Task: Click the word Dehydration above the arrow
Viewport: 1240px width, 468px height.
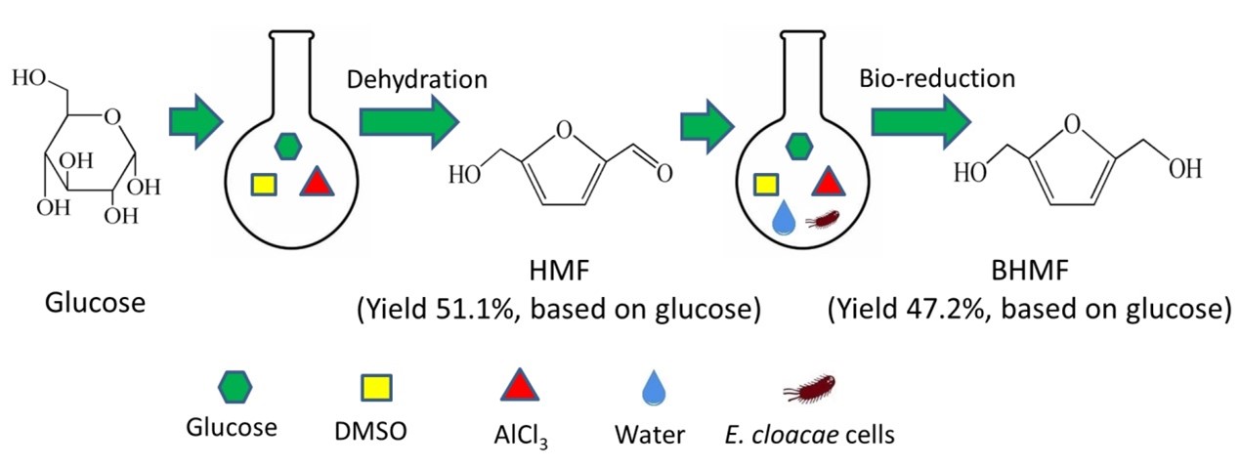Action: click(x=417, y=79)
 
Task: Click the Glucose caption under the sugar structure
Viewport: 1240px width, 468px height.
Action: click(x=95, y=303)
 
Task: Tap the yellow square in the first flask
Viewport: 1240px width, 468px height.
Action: click(x=264, y=185)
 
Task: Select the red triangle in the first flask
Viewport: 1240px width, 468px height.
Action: click(x=317, y=183)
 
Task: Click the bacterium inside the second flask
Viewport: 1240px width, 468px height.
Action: click(x=824, y=220)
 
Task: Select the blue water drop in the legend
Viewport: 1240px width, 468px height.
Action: click(x=650, y=390)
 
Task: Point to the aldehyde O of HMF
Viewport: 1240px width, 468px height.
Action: click(x=664, y=175)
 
